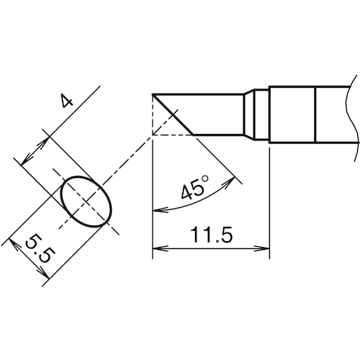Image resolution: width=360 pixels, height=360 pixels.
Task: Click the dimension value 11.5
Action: (211, 235)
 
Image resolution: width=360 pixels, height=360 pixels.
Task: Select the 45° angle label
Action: (194, 188)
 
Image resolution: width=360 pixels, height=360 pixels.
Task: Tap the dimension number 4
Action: (66, 102)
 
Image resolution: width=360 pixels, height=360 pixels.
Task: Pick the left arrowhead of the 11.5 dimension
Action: (160, 248)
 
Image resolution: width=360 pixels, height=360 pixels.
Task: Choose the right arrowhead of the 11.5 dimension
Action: (262, 248)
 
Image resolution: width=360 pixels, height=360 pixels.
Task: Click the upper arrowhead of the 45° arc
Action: (230, 181)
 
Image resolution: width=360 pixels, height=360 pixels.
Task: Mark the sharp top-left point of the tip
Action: (153, 94)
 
